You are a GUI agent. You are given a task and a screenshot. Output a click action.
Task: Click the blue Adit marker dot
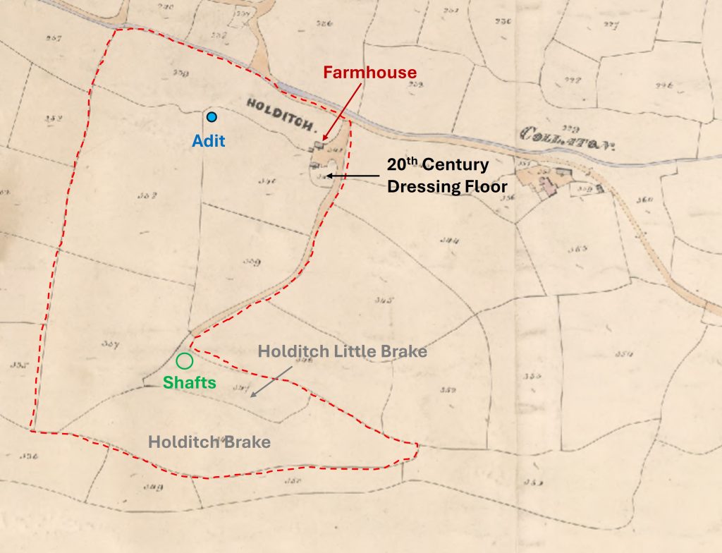[x=211, y=116]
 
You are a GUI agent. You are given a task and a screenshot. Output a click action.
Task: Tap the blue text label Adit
[x=209, y=141]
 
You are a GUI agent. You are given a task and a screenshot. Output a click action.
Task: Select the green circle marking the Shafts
[x=184, y=361]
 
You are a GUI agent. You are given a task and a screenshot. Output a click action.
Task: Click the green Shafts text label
[x=189, y=382]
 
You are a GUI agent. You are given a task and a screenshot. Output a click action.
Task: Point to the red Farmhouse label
[x=369, y=73]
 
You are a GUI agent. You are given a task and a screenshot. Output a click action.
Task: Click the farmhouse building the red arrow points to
[x=319, y=146]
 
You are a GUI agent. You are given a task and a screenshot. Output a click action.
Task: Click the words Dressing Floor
[x=447, y=188]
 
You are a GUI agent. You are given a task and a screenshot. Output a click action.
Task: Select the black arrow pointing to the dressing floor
[x=353, y=176]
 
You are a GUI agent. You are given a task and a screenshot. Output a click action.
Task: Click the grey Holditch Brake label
[x=209, y=442]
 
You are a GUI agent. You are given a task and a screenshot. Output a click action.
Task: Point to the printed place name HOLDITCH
[x=279, y=113]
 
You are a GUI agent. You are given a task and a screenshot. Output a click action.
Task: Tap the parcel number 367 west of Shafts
[x=109, y=344]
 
